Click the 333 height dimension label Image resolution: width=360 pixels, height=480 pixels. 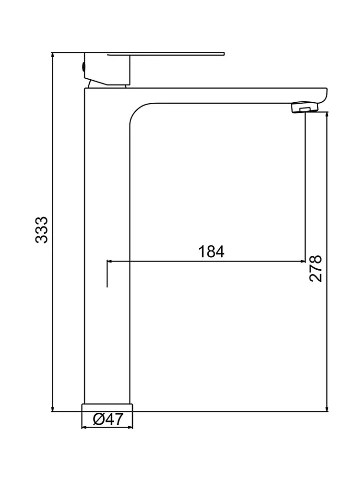click(42, 230)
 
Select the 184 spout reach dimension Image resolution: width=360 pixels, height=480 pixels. click(211, 251)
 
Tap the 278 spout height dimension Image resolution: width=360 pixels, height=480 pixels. click(316, 269)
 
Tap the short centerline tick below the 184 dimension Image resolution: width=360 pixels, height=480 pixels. click(107, 276)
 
